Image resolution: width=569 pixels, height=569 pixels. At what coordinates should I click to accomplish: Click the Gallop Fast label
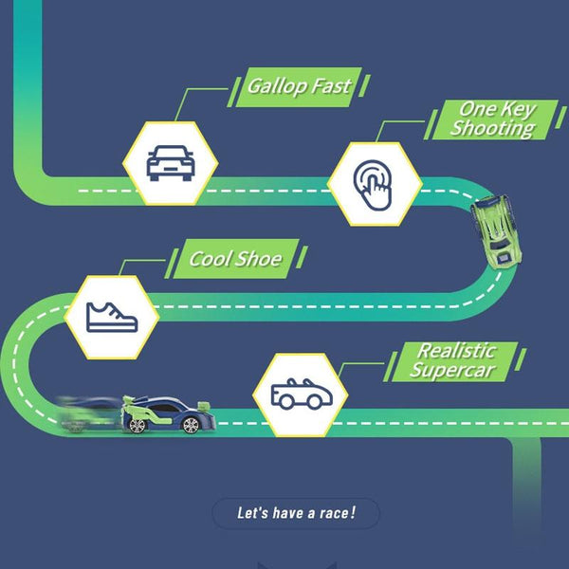click(x=299, y=86)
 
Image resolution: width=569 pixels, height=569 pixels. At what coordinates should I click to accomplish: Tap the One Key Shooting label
click(x=492, y=119)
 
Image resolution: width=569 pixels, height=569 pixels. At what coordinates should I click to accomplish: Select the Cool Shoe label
click(x=237, y=259)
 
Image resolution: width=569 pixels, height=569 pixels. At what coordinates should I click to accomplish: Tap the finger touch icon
click(x=374, y=184)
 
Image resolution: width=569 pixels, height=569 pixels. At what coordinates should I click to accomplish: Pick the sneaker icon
click(x=112, y=316)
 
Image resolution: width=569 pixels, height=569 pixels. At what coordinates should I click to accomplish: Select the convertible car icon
click(x=300, y=394)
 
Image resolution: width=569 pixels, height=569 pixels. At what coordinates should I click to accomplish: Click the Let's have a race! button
click(x=296, y=514)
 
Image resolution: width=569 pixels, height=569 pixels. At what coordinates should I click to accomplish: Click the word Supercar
click(x=453, y=371)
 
